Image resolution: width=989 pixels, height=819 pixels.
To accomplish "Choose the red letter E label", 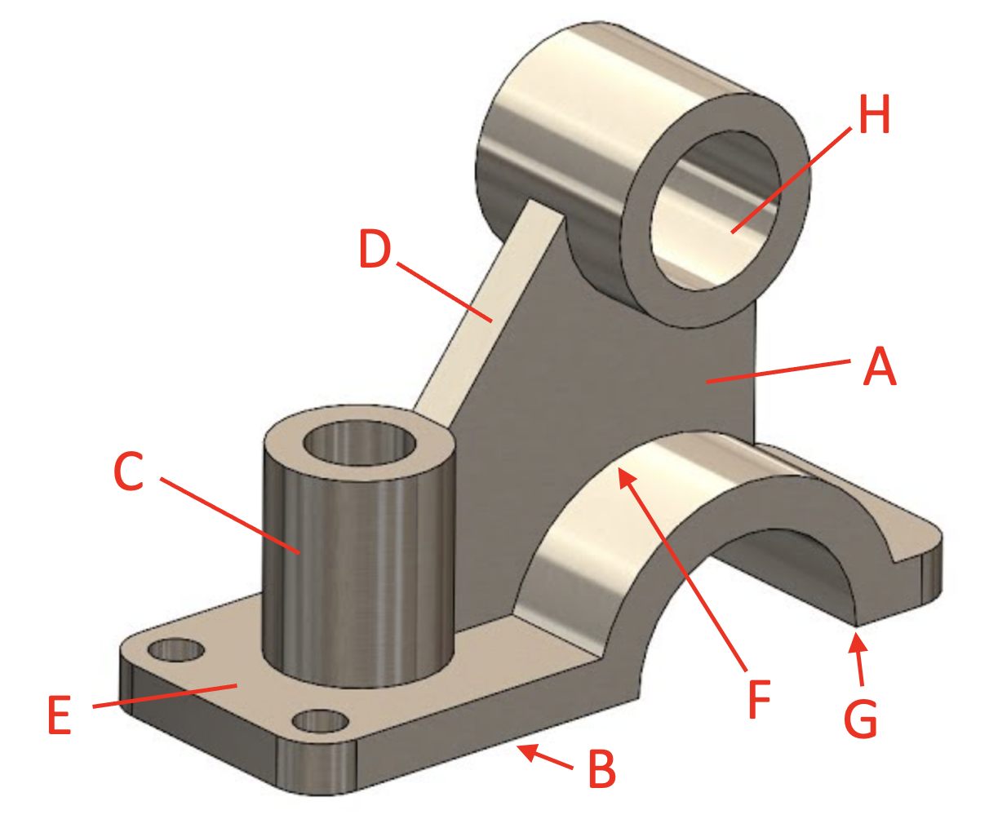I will click(60, 715).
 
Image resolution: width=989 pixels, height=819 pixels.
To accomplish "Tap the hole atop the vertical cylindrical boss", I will click(359, 445).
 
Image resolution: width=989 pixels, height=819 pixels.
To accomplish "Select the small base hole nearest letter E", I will click(175, 650).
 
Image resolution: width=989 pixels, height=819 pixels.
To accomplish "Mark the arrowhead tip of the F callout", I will click(622, 473).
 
